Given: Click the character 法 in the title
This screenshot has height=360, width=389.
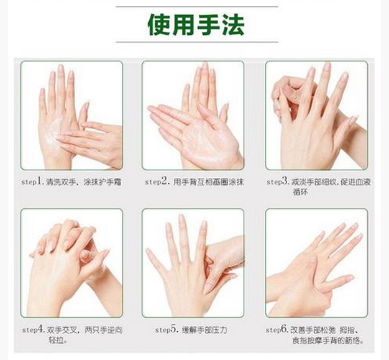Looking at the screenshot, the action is tap(234, 25).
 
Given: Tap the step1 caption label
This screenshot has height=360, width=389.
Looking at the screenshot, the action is tap(71, 182).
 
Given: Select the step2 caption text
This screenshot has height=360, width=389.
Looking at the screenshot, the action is tap(194, 182).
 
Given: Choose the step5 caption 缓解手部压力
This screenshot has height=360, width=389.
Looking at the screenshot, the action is tap(204, 330).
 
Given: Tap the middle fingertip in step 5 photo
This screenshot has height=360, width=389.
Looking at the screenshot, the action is tap(181, 217).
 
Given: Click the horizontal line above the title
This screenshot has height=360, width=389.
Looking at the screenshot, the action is tap(197, 7).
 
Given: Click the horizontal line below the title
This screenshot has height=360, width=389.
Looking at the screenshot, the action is tap(197, 42).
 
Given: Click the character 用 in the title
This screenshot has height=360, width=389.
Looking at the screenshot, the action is tap(183, 25).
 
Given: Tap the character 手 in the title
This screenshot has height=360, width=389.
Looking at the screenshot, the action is tap(208, 25).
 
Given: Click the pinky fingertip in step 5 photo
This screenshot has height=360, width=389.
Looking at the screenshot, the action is tap(149, 251).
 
